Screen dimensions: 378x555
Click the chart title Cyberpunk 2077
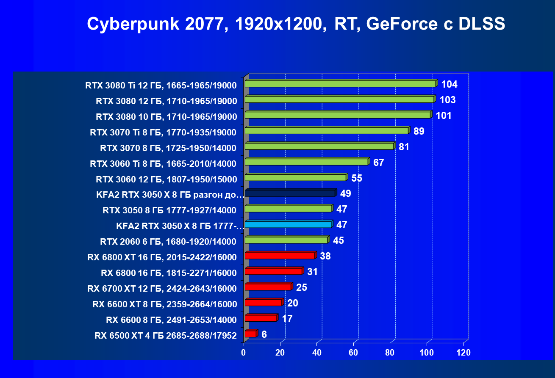(x=295, y=24)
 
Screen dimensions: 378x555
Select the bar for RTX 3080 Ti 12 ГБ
(x=340, y=84)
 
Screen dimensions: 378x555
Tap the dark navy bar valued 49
(x=290, y=193)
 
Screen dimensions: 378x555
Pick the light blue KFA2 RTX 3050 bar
(x=288, y=224)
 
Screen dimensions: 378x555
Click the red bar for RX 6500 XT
(x=250, y=334)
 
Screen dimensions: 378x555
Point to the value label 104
(x=449, y=84)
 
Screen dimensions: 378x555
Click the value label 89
(x=419, y=131)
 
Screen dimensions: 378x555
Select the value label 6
(x=264, y=334)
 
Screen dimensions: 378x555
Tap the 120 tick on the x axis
(x=463, y=353)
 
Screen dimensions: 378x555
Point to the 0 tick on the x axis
(x=244, y=353)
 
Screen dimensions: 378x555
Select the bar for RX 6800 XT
(x=280, y=256)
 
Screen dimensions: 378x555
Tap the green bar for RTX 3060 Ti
(x=306, y=162)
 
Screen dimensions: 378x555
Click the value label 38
(x=325, y=256)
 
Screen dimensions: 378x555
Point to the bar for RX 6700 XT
(x=268, y=287)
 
